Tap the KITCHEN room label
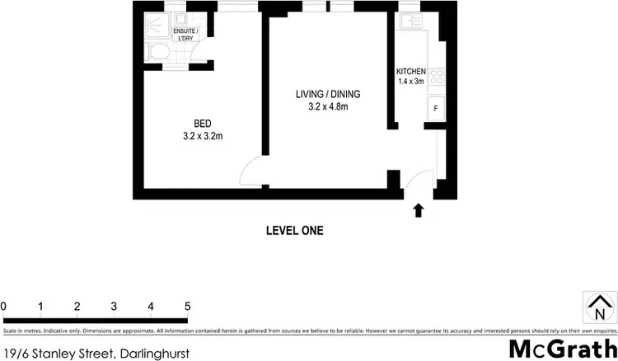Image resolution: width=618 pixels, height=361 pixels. coord(411,71)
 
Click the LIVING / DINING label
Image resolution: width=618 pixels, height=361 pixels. coord(328,94)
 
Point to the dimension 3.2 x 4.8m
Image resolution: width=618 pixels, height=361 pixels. coord(328,106)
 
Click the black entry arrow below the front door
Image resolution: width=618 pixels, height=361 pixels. coord(419,211)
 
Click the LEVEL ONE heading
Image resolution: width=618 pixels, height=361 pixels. coord(294,232)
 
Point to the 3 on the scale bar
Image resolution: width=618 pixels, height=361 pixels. coord(114,307)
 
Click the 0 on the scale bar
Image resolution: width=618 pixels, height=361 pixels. coord(4,307)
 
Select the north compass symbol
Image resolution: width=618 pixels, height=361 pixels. coord(599,307)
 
